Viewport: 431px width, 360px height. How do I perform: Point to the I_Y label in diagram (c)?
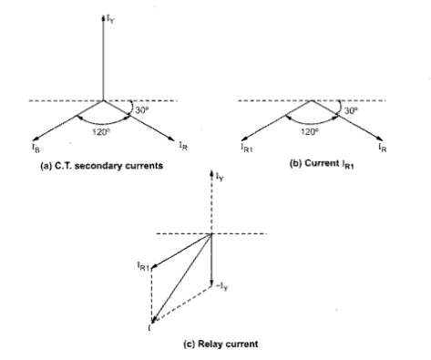(x=220, y=173)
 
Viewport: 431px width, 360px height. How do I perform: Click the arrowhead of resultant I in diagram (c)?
(x=154, y=319)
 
